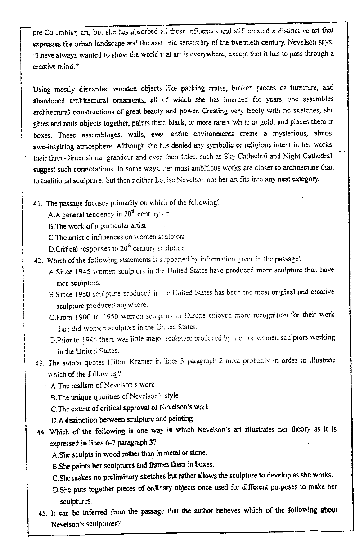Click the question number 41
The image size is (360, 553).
tap(38, 203)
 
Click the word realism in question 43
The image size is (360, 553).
tap(83, 386)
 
